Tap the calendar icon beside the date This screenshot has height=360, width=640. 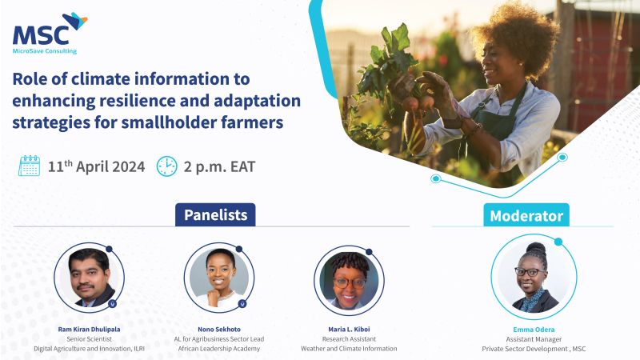click(x=29, y=166)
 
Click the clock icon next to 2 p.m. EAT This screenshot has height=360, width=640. click(x=166, y=166)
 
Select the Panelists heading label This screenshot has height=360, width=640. click(x=215, y=214)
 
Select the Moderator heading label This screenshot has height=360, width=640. click(x=526, y=216)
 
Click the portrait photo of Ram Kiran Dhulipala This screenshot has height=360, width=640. click(x=89, y=277)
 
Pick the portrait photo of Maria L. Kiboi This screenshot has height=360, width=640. click(x=349, y=280)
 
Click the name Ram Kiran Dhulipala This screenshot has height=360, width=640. click(x=89, y=329)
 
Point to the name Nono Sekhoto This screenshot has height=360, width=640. click(x=219, y=329)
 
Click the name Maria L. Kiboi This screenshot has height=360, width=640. click(x=349, y=329)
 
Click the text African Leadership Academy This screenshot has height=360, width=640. click(x=219, y=348)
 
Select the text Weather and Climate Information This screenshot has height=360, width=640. click(x=349, y=348)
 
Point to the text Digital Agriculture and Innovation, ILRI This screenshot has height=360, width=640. click(x=89, y=348)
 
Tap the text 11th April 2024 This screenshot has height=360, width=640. click(x=96, y=167)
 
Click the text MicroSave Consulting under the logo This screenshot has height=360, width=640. click(x=45, y=51)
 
